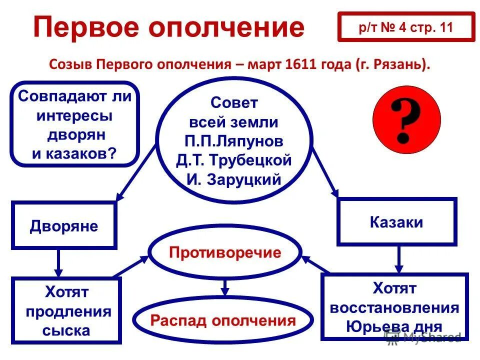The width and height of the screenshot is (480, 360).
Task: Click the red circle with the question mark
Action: click(406, 119)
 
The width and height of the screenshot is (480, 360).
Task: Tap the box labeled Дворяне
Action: click(64, 225)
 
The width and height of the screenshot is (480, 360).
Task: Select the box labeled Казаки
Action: click(396, 222)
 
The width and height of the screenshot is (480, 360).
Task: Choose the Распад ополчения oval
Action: click(223, 320)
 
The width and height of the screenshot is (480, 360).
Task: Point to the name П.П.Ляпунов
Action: click(233, 141)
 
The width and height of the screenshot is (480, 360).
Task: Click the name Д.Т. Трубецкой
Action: click(233, 160)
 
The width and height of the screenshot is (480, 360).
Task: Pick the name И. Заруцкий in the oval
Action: click(234, 179)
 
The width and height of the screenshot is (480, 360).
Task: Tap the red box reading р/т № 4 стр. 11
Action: click(405, 27)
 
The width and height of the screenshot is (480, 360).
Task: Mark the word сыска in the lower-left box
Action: click(66, 330)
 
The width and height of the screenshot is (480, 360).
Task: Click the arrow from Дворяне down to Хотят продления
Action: click(58, 262)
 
